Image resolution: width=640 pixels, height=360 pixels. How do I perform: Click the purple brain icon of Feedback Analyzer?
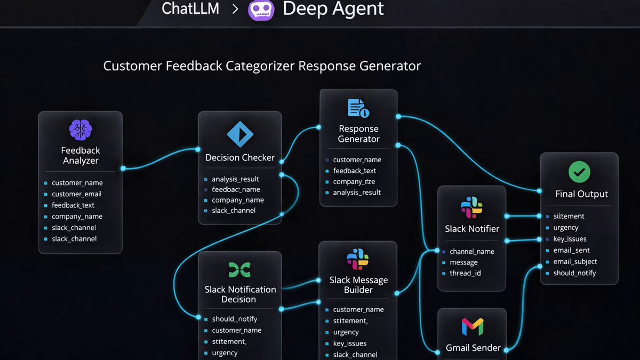tap(81, 130)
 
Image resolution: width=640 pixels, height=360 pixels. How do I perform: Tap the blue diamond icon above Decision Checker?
tap(240, 134)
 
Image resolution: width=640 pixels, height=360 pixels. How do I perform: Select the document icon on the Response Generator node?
tap(358, 108)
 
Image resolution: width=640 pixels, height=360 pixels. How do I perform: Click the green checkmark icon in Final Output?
tap(579, 172)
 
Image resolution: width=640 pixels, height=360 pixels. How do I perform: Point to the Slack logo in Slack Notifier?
tap(471, 207)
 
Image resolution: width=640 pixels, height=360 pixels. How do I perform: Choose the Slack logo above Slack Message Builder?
tap(358, 259)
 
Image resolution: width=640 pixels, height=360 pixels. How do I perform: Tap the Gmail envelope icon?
tap(473, 326)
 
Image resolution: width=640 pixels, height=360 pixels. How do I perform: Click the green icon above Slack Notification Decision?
tap(239, 269)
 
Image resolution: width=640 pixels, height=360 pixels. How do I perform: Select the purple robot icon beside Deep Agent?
tap(261, 10)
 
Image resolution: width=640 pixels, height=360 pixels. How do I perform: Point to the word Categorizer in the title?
tap(260, 66)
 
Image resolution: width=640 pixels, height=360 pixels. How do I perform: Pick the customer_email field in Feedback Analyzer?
tap(76, 194)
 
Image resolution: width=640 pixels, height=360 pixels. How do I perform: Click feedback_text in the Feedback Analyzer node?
tap(73, 205)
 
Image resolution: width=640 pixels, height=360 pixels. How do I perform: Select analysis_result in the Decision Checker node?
tap(235, 179)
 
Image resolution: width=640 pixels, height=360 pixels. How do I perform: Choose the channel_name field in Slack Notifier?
tap(471, 251)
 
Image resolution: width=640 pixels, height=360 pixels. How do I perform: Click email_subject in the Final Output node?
tap(575, 261)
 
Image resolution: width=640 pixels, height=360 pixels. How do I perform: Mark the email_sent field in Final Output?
tap(571, 250)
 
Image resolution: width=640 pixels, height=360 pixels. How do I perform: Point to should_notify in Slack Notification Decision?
tap(235, 319)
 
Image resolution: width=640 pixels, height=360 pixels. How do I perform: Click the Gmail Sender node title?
tap(473, 348)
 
